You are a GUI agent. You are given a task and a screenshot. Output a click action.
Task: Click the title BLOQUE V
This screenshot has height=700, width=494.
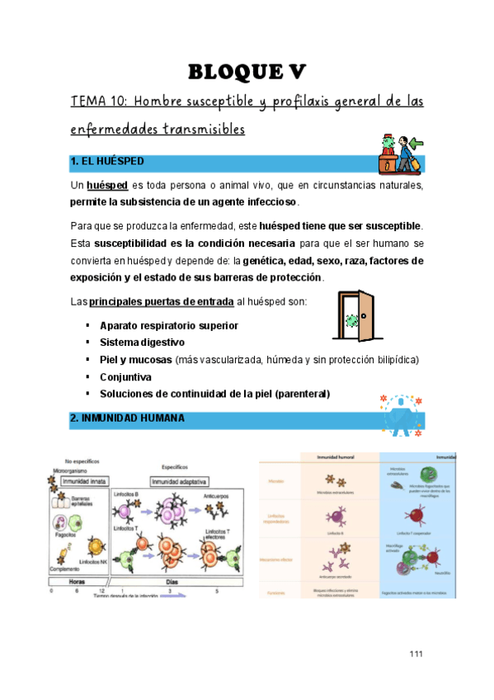coord(247,73)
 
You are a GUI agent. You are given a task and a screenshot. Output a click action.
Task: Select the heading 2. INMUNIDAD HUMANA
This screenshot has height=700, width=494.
coord(128,419)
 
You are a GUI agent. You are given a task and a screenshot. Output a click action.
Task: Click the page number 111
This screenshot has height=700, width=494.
coord(416,655)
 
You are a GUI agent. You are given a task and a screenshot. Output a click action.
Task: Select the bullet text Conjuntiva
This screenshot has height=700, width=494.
coord(125,376)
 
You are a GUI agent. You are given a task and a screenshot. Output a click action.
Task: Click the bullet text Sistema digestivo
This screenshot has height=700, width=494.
coord(142,342)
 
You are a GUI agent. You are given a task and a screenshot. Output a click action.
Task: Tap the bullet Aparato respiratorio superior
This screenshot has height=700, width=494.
coord(168,325)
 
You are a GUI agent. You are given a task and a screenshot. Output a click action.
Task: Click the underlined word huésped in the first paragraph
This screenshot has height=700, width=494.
coord(107,186)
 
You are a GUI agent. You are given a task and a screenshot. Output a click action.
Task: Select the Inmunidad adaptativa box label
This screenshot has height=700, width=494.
coord(179,480)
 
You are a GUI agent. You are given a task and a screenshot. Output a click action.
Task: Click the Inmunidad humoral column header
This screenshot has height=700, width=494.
coord(336,456)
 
